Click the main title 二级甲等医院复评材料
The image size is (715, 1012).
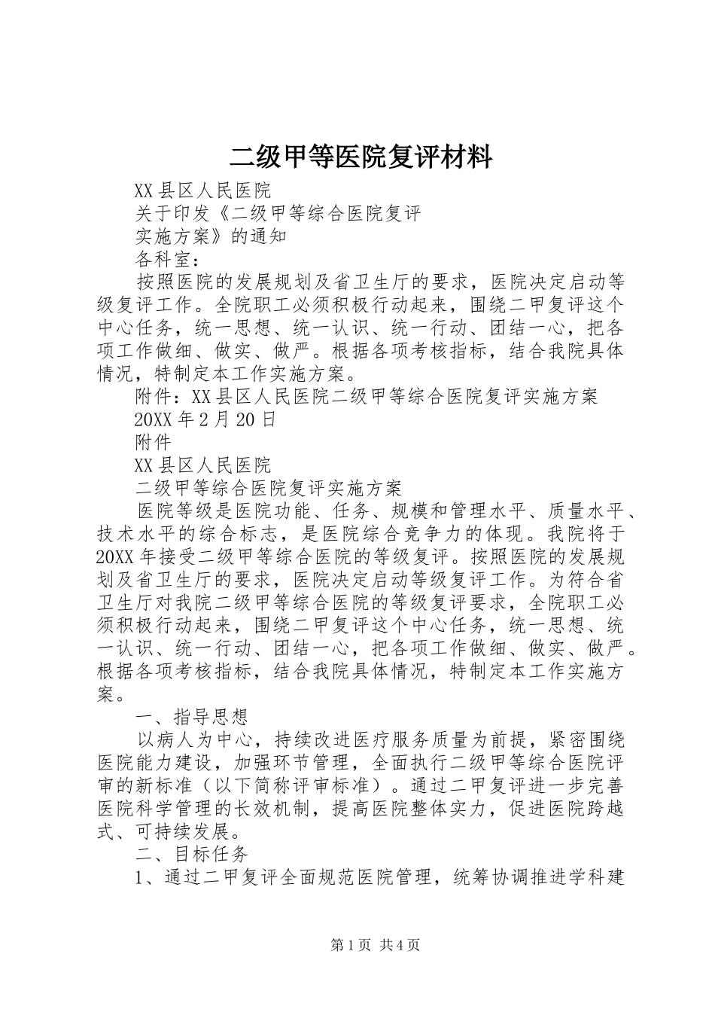[x=361, y=157]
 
